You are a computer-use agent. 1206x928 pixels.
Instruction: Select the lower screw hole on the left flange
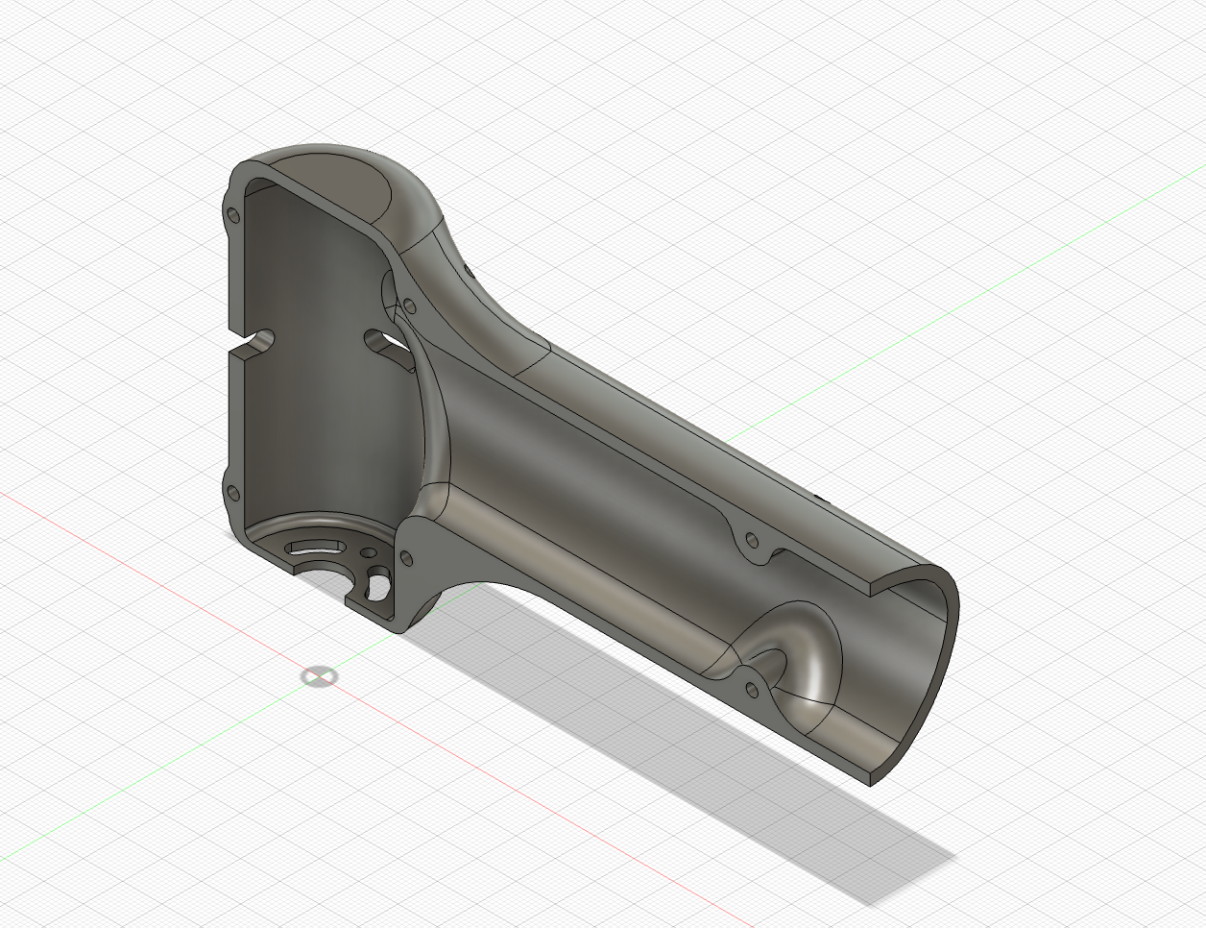coord(231,494)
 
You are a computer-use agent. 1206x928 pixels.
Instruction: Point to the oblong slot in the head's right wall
coord(381,339)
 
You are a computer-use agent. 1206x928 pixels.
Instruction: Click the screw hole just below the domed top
coord(409,306)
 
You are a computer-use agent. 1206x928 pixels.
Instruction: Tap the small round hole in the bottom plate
coord(367,554)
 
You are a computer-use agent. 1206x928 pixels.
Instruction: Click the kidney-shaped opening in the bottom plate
coord(378,582)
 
